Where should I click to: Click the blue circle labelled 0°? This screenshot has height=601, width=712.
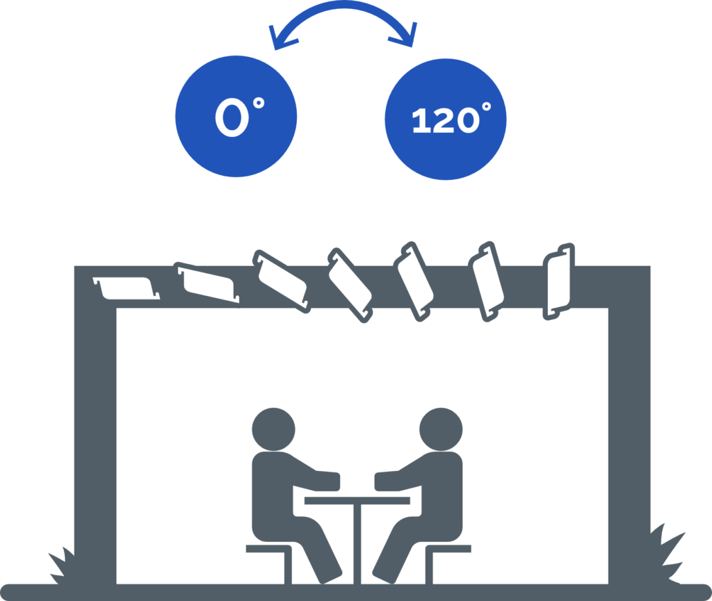[236, 116]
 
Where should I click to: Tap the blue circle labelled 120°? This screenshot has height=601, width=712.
[445, 120]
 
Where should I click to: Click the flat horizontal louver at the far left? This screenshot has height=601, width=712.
[126, 286]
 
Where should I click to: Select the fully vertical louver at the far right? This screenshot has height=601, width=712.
[560, 281]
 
